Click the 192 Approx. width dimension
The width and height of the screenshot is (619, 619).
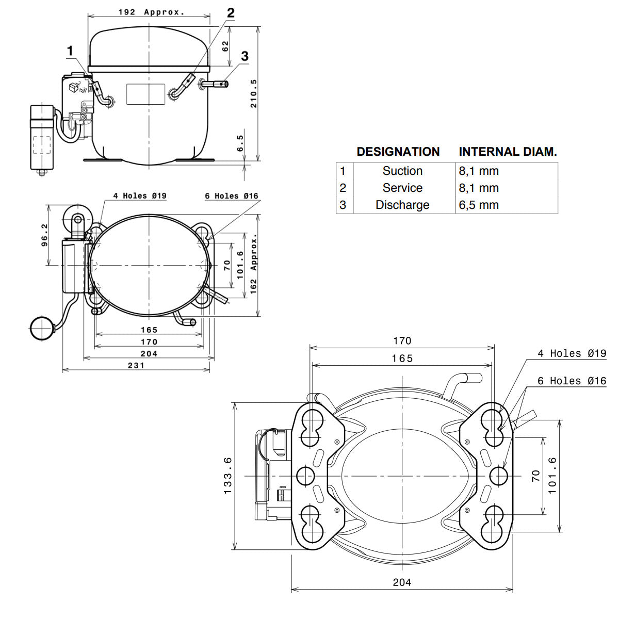click(x=152, y=12)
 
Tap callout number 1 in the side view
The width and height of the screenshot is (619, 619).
click(x=70, y=51)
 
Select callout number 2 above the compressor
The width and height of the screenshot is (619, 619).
click(x=231, y=13)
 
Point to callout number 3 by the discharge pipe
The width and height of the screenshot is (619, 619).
click(x=245, y=56)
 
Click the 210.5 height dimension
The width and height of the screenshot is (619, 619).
click(x=254, y=93)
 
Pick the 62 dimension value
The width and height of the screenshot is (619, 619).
click(x=225, y=46)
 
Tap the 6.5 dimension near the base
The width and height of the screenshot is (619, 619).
click(x=240, y=143)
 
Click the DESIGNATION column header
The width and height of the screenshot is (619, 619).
click(x=398, y=152)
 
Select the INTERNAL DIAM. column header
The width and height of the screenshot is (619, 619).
click(x=508, y=152)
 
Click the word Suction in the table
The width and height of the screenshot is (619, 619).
click(x=402, y=171)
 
